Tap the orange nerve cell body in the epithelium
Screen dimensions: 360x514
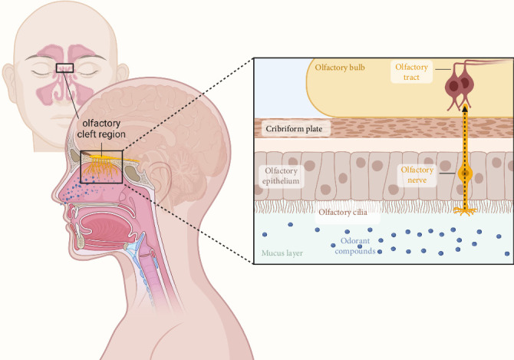(x=463, y=175)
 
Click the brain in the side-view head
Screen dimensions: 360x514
(x=153, y=123)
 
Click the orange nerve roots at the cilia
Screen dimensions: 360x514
(x=463, y=208)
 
